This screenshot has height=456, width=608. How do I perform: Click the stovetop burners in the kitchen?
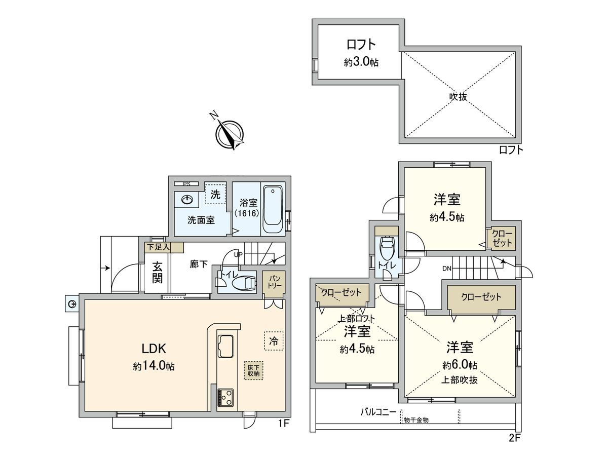(225, 398)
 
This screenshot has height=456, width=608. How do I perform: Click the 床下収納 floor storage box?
(253, 370)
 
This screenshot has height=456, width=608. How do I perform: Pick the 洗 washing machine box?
(215, 194)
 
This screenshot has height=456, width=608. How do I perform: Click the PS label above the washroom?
(186, 183)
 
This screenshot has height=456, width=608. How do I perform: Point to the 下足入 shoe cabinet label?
(157, 247)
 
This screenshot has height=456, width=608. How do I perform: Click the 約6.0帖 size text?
(460, 365)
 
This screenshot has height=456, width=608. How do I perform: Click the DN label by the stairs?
(446, 268)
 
